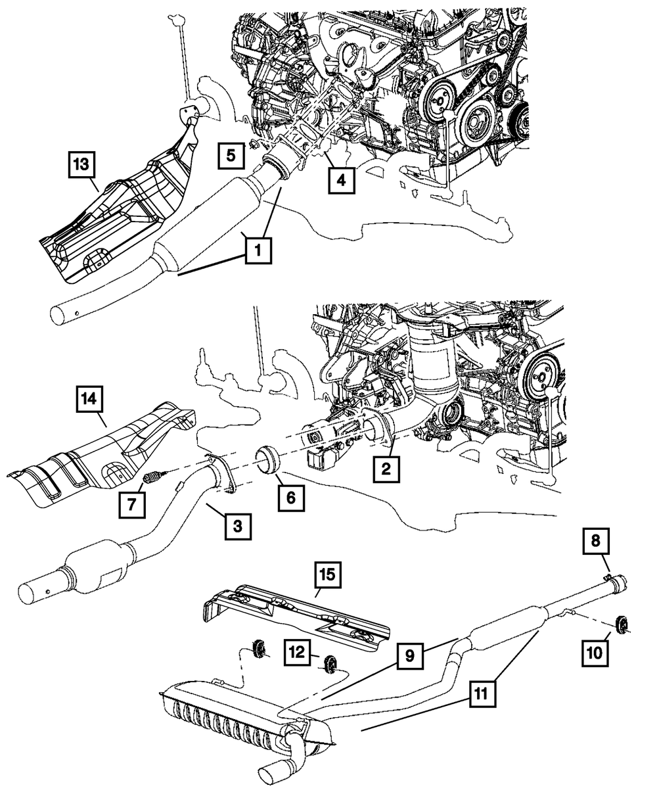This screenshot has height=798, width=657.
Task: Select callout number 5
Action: [x=230, y=156]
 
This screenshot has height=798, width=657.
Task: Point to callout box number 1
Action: [x=258, y=250]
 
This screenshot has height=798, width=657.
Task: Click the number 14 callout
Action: [x=89, y=400]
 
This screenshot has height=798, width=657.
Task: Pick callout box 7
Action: [x=131, y=505]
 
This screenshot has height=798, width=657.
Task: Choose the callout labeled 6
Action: [x=290, y=498]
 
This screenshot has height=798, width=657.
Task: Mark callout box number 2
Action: [x=387, y=469]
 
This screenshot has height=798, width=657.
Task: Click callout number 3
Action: [x=238, y=526]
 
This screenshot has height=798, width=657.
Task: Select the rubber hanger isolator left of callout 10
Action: [x=619, y=622]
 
